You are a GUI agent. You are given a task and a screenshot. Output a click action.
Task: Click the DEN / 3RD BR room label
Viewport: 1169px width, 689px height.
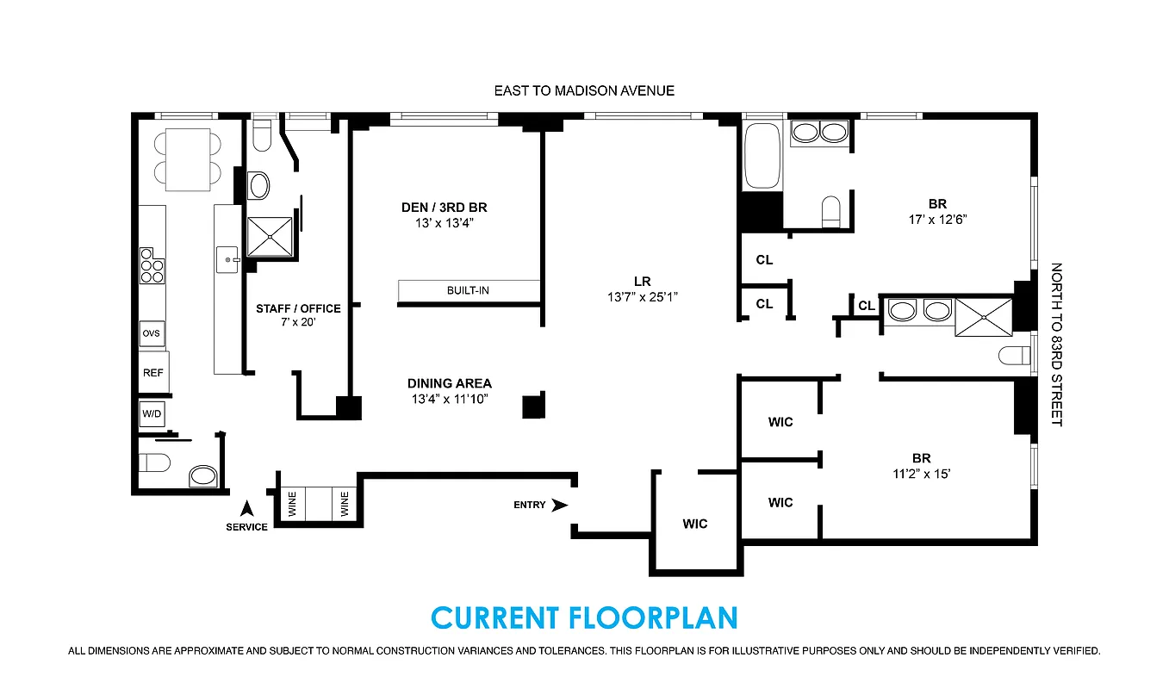click(445, 208)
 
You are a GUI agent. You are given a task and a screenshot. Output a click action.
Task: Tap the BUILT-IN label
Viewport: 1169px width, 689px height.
click(468, 290)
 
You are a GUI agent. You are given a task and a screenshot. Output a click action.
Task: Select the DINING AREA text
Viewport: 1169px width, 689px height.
click(450, 383)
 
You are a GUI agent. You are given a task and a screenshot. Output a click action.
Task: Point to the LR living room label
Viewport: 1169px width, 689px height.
click(641, 282)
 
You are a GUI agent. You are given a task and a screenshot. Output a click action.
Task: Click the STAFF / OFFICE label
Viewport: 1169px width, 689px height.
click(298, 308)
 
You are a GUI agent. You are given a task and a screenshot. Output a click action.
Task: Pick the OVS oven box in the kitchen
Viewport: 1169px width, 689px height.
click(152, 334)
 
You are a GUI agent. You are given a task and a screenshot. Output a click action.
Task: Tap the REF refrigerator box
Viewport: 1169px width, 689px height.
click(152, 374)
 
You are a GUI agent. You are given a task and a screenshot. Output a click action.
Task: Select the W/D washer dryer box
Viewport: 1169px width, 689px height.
click(152, 413)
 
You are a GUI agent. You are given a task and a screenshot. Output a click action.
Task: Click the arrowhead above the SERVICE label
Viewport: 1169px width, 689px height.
click(246, 509)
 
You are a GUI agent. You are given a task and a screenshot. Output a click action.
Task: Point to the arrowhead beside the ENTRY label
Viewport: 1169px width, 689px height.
click(559, 505)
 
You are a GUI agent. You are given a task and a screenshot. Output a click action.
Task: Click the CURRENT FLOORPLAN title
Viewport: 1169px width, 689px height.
click(584, 618)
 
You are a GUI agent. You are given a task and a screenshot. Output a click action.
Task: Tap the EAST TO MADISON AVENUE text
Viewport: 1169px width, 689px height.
click(584, 90)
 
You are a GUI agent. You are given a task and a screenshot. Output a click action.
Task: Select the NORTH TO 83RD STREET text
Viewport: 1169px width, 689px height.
click(1056, 344)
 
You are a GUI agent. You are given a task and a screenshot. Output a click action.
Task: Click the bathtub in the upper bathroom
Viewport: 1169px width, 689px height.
click(762, 157)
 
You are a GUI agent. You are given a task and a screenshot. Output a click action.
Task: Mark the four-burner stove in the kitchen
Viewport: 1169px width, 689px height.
click(152, 266)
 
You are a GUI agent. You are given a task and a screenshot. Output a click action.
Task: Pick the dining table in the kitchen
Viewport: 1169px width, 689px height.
click(188, 159)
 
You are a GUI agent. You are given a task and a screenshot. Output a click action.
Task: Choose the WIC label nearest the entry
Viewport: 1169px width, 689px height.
click(695, 524)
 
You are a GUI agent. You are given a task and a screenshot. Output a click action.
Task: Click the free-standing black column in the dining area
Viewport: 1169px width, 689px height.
click(534, 405)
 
